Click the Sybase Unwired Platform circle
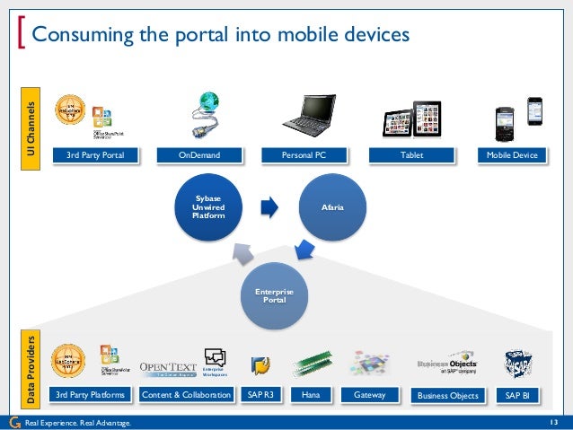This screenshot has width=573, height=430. pyautogui.click(x=208, y=207)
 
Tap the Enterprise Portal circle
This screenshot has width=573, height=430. pyautogui.click(x=275, y=295)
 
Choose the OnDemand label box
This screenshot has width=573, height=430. pyautogui.click(x=199, y=156)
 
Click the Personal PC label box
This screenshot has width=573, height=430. pyautogui.click(x=304, y=156)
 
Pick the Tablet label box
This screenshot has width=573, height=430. pyautogui.click(x=411, y=156)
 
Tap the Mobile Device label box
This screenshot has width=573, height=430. pyautogui.click(x=513, y=156)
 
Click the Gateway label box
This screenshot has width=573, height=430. pyautogui.click(x=370, y=395)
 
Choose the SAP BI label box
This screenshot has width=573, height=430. pyautogui.click(x=518, y=395)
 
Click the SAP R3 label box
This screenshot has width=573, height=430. pyautogui.click(x=260, y=395)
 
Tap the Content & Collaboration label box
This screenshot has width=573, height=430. pyautogui.click(x=186, y=395)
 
